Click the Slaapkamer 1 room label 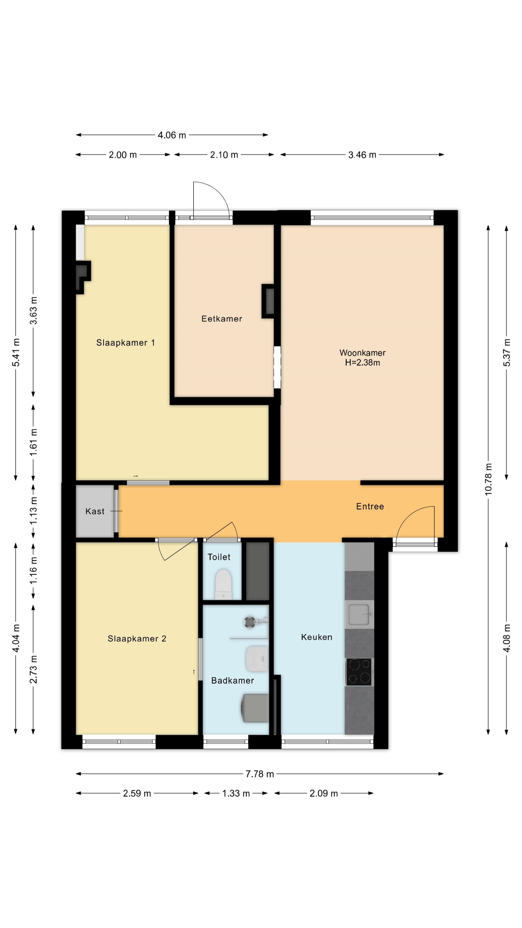click(x=125, y=343)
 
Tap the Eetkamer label click(x=222, y=319)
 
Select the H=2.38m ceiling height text click(x=362, y=362)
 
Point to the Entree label click(x=370, y=507)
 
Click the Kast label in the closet click(x=95, y=511)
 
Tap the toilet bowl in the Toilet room click(x=223, y=584)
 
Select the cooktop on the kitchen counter click(x=359, y=672)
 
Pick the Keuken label click(x=317, y=637)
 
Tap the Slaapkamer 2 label click(x=137, y=639)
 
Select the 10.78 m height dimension click(x=488, y=479)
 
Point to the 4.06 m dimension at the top click(x=172, y=135)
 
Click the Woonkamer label click(x=362, y=353)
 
